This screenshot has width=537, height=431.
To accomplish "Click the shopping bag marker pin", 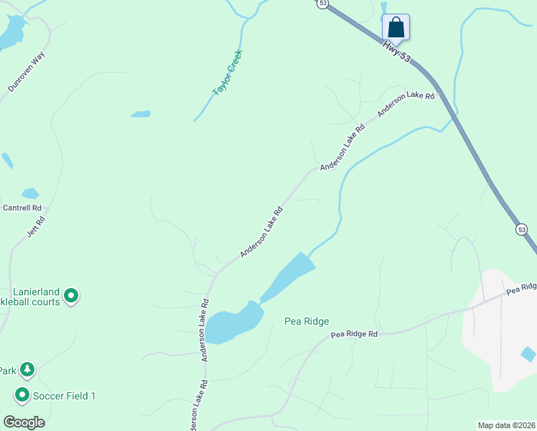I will (396, 28).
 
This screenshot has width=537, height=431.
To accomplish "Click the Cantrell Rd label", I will (22, 208).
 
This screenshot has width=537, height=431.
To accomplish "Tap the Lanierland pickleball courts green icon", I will (70, 295).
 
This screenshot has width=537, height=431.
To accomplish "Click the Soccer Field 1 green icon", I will (22, 395).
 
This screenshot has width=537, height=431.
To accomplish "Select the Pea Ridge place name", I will (306, 322).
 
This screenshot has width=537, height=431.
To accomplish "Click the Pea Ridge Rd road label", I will (354, 334).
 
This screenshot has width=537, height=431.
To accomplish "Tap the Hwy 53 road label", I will (397, 52).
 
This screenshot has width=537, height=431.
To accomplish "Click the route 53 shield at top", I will (322, 4).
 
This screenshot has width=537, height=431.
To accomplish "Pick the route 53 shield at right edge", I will (522, 229).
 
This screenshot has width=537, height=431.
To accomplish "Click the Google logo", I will (24, 422).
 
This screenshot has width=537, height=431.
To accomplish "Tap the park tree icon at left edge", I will (27, 370).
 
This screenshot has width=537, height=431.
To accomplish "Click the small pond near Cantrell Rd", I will (30, 193).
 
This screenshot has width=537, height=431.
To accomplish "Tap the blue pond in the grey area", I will (528, 353).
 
